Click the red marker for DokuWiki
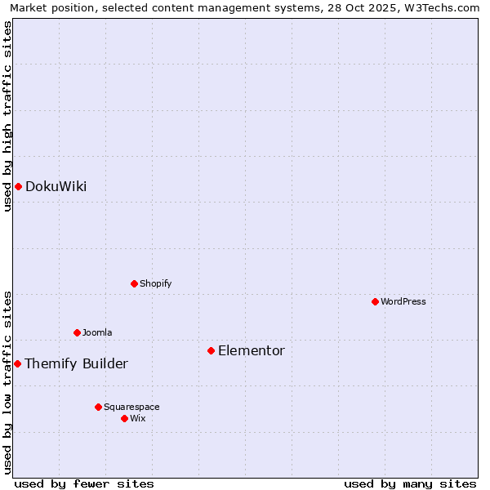(18, 186)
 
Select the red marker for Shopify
(134, 283)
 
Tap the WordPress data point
(375, 301)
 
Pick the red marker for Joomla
(77, 332)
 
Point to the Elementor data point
(211, 350)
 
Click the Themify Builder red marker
(18, 363)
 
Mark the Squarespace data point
(98, 407)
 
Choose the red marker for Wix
(124, 418)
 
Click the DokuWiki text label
(56, 186)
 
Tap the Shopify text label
(155, 283)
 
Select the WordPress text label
(403, 301)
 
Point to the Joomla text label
(97, 332)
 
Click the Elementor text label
(252, 351)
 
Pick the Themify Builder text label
(76, 364)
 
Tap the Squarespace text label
(131, 407)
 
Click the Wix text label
(138, 418)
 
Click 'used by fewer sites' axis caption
(84, 484)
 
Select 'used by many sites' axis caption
(410, 484)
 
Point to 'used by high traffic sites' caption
(8, 116)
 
